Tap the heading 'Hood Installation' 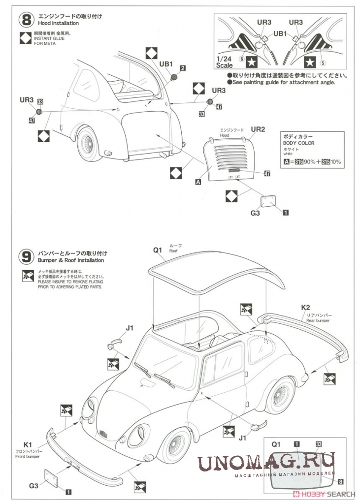click(58, 23)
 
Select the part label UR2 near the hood click(258, 129)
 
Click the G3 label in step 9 click(33, 485)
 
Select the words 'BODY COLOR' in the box click(298, 143)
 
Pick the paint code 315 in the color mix click(326, 161)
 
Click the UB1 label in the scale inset click(280, 33)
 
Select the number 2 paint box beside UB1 click(183, 68)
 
